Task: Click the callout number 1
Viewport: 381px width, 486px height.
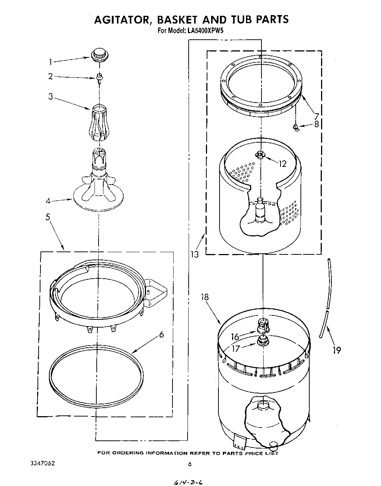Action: coord(51,62)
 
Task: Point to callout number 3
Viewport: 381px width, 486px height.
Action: coord(51,97)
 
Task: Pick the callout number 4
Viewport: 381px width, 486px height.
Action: coord(48,201)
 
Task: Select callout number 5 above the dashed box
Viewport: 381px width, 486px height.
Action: coord(48,217)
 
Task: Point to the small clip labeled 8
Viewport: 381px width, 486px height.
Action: coord(295,127)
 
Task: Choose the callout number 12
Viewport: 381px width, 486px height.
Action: coord(282,164)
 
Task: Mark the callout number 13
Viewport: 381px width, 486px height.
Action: coord(195,254)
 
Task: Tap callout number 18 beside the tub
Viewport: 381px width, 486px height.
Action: coord(205,297)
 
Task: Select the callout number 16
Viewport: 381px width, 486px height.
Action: coord(235,336)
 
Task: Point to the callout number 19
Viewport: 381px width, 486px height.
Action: coord(337,350)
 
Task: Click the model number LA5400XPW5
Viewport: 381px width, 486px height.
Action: coord(206,31)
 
